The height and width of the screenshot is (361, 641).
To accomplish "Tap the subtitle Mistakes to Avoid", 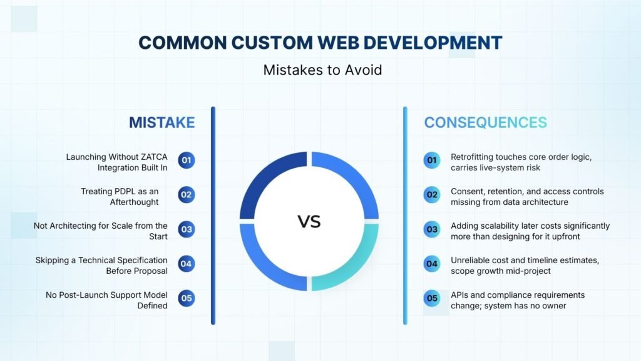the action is pyautogui.click(x=322, y=70).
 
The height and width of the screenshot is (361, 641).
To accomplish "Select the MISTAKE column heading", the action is pyautogui.click(x=162, y=122).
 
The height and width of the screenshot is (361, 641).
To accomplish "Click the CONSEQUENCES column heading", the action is pyautogui.click(x=485, y=122).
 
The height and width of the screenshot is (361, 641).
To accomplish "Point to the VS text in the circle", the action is pyautogui.click(x=309, y=221).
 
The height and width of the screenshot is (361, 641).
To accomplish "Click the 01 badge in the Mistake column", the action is pyautogui.click(x=187, y=160).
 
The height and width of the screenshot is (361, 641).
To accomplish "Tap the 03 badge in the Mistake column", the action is pyautogui.click(x=187, y=229).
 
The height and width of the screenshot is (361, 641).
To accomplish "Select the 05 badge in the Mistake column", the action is pyautogui.click(x=187, y=298).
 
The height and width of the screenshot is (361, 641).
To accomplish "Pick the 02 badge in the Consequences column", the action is pyautogui.click(x=432, y=195).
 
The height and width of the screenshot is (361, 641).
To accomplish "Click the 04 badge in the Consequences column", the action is pyautogui.click(x=432, y=264).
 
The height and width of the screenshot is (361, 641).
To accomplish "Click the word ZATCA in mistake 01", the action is pyautogui.click(x=154, y=157).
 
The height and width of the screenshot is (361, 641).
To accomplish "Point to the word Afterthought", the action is pyautogui.click(x=134, y=202).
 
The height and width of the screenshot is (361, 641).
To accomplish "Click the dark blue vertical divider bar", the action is pyautogui.click(x=213, y=216).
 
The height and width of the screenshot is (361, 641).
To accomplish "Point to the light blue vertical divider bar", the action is pyautogui.click(x=405, y=216).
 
